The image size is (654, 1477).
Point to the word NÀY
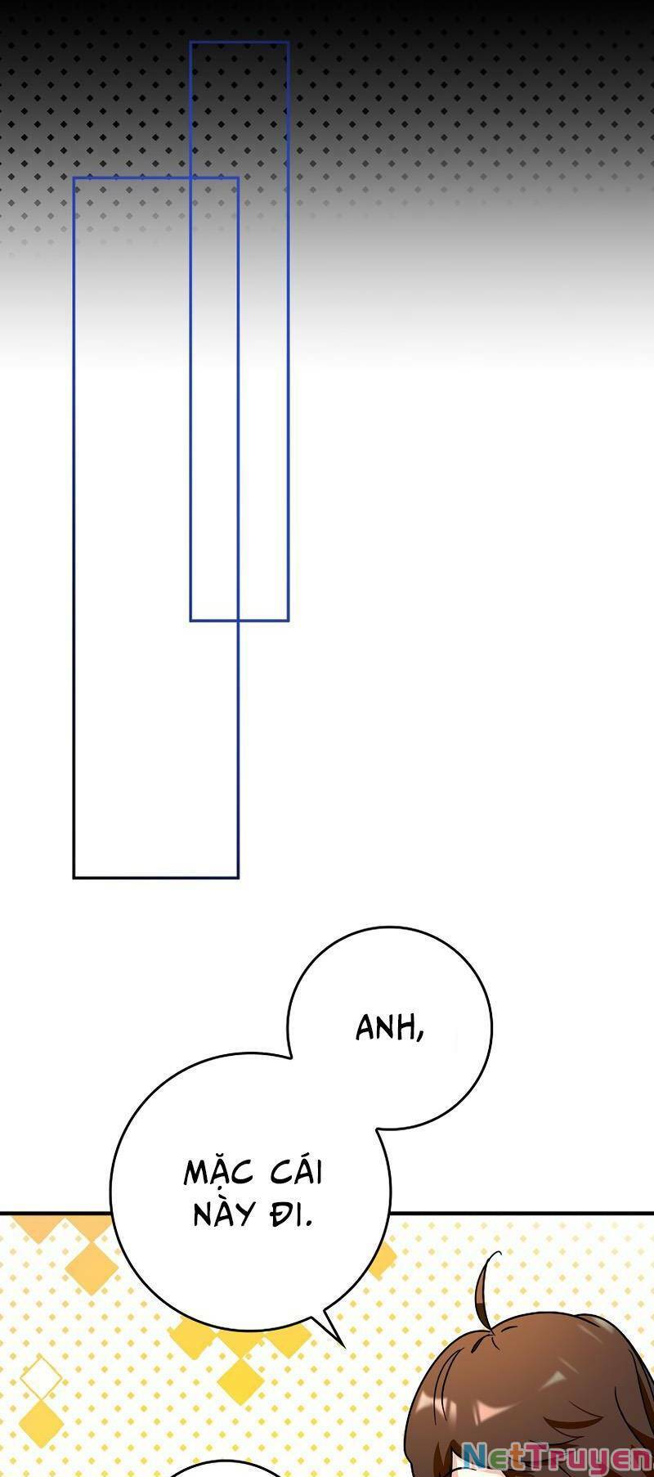click(223, 1215)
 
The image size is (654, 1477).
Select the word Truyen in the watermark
click(582, 1457)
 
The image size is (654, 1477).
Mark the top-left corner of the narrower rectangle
click(190, 42)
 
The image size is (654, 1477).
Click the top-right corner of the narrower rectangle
click(289, 42)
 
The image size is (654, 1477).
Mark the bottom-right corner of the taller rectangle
click(238, 878)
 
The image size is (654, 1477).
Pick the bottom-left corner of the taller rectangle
click(74, 878)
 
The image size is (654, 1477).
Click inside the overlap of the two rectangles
click(214, 399)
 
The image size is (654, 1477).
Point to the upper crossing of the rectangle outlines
click(190, 177)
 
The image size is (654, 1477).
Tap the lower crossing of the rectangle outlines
click(238, 621)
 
